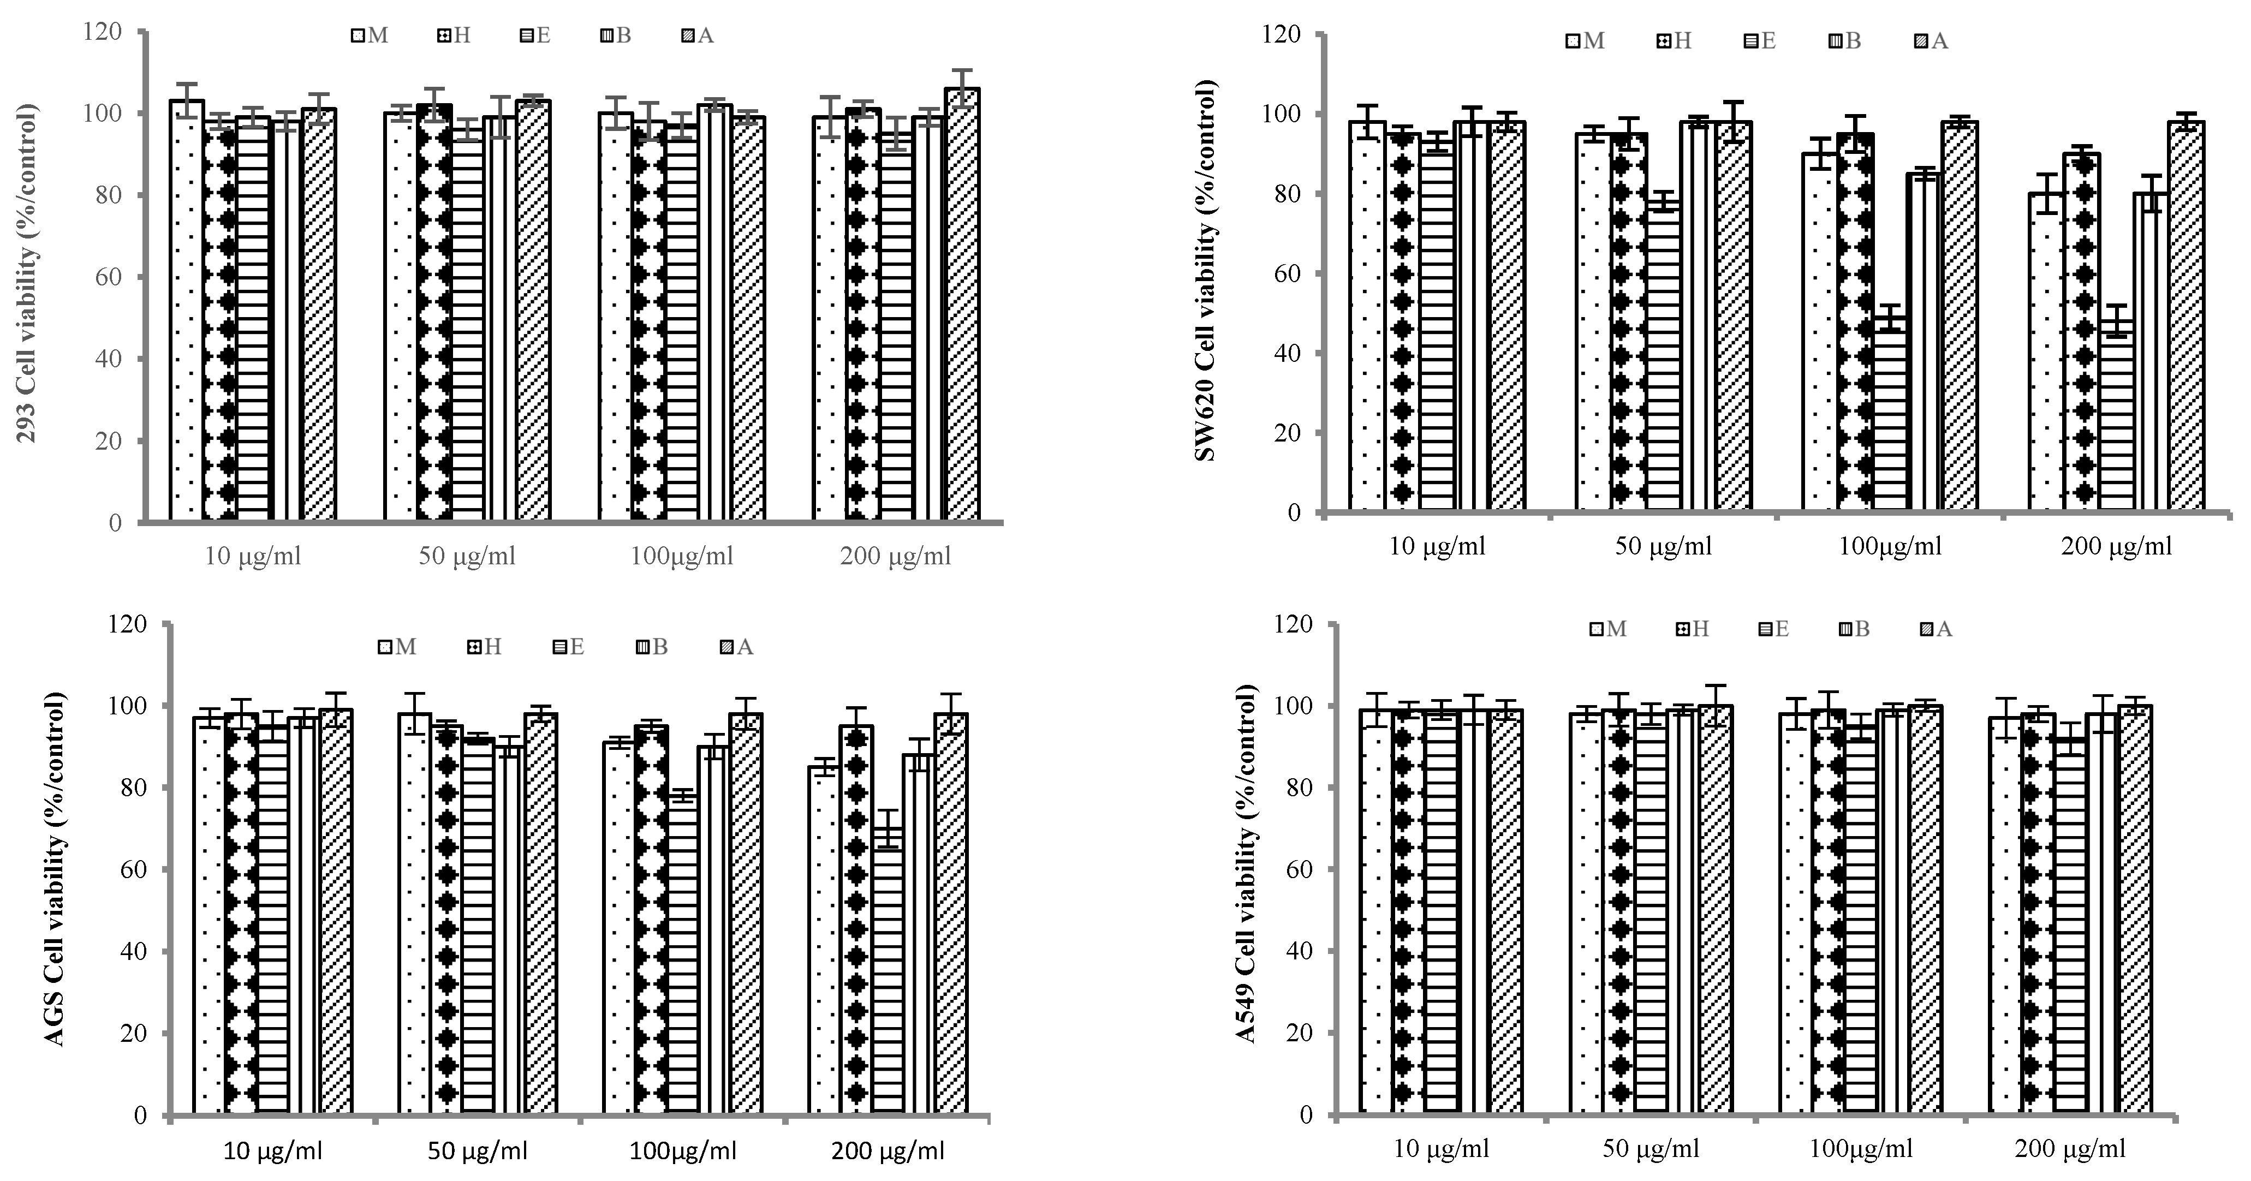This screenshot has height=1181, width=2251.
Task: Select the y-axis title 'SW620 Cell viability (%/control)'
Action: coord(1205,271)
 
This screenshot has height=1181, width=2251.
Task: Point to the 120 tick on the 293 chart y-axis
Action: coord(103,32)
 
